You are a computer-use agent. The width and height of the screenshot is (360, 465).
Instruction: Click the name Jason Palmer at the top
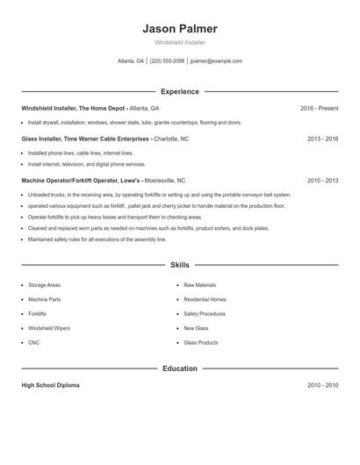point(179,28)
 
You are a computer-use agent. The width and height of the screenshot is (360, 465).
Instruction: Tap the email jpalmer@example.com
point(216,61)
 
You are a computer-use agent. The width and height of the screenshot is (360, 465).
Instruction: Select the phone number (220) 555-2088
point(167,61)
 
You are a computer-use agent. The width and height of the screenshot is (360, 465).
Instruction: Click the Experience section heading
point(179,91)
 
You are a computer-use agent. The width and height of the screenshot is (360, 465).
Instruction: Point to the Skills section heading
point(179,264)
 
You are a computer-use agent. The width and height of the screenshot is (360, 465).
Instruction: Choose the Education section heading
point(179,368)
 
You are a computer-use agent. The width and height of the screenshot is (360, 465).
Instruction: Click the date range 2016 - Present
point(319,108)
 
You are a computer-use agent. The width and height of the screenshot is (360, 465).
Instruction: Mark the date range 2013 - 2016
point(322,139)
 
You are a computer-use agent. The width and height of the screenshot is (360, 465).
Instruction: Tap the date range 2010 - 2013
point(322,180)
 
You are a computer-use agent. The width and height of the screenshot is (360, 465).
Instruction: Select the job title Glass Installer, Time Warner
point(86,139)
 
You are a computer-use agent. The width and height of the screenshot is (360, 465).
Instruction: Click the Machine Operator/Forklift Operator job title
point(79,180)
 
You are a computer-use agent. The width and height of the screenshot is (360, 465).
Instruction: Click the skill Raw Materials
point(199,285)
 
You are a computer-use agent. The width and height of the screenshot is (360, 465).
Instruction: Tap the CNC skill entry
point(33,342)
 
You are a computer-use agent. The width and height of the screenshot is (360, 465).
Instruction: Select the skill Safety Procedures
point(205,313)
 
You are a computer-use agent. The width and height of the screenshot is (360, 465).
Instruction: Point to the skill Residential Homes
point(205,299)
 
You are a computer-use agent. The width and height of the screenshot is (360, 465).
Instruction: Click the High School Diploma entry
point(52,385)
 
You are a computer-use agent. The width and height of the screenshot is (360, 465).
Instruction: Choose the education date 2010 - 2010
point(322,385)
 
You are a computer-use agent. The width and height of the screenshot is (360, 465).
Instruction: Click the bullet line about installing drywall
point(134,123)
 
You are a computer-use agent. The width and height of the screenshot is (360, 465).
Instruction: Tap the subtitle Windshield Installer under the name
point(179,42)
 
